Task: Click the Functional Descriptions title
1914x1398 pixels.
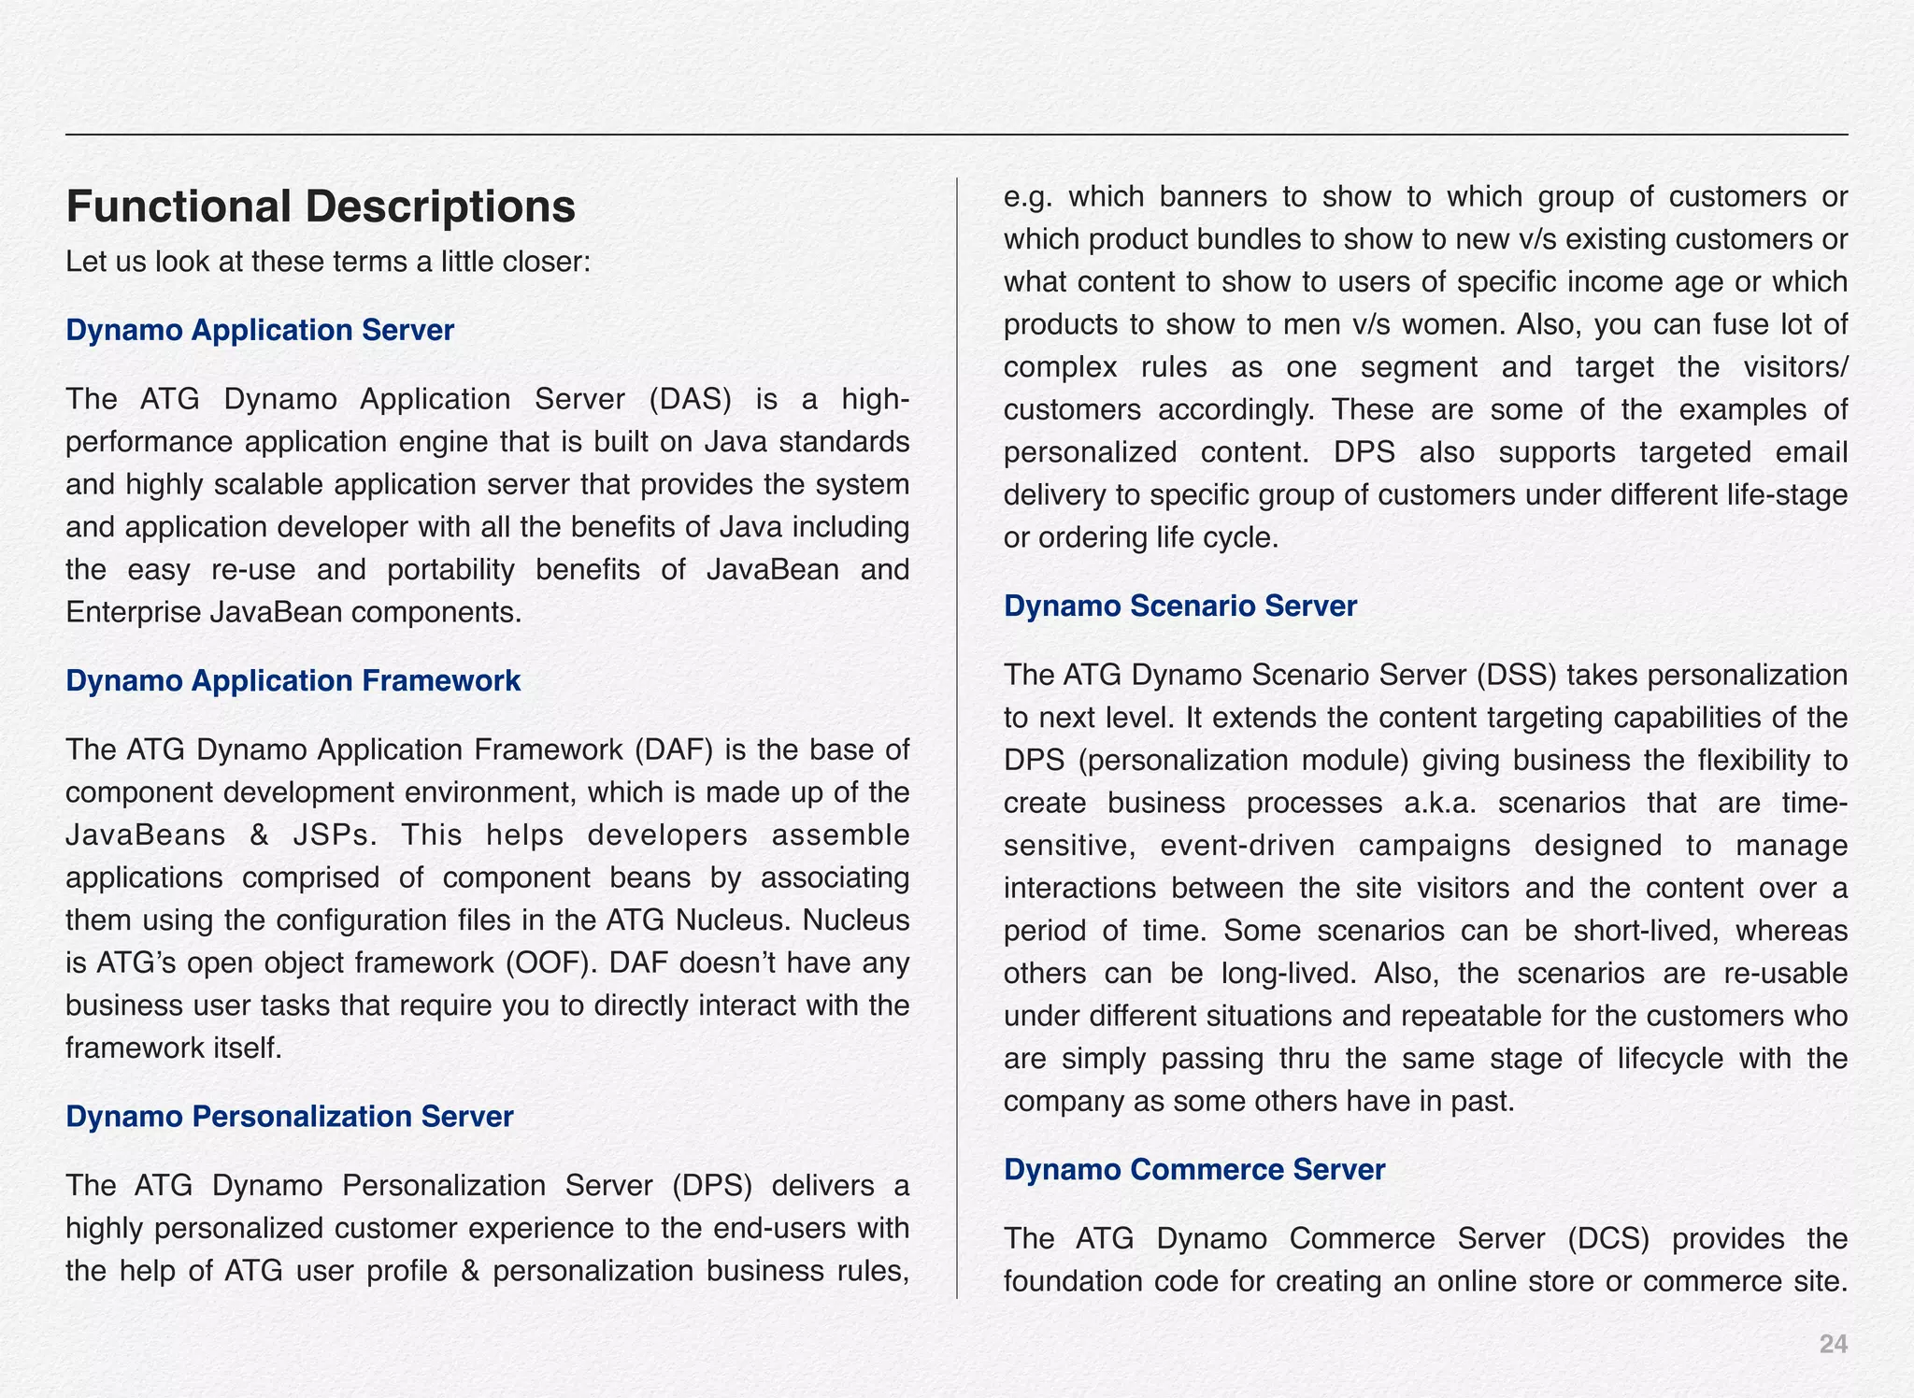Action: pos(321,207)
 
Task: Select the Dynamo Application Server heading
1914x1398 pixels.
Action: pos(260,330)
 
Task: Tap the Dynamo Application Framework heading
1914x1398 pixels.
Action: pos(293,680)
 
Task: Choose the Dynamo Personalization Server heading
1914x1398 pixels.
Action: pos(290,1116)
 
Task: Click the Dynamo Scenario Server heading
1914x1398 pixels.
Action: pos(1179,606)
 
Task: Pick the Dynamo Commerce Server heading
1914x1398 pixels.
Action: pos(1194,1169)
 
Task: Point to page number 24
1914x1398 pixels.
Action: pos(1833,1344)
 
